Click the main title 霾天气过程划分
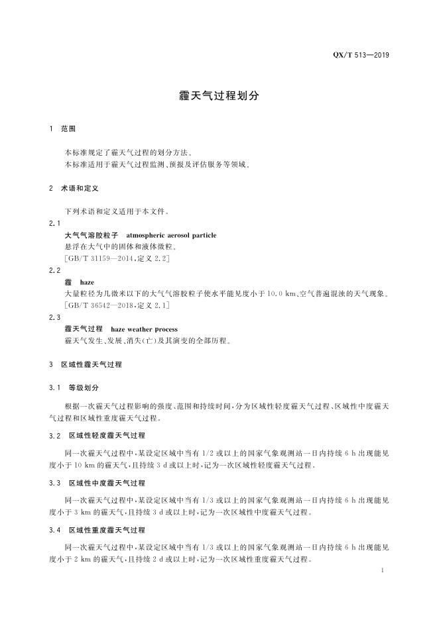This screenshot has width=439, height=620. pyautogui.click(x=219, y=95)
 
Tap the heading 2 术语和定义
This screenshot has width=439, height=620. pyautogui.click(x=74, y=189)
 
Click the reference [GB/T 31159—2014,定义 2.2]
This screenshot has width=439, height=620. pyautogui.click(x=117, y=258)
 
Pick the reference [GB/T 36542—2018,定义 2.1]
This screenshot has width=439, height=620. pyautogui.click(x=117, y=305)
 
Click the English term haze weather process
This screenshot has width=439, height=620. pyautogui.click(x=144, y=329)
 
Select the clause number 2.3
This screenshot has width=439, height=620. pyautogui.click(x=55, y=317)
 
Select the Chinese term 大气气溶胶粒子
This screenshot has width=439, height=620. pyautogui.click(x=91, y=235)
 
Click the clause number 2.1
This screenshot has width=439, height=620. pyautogui.click(x=55, y=223)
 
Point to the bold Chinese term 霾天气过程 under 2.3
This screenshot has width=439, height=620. pyautogui.click(x=84, y=329)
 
